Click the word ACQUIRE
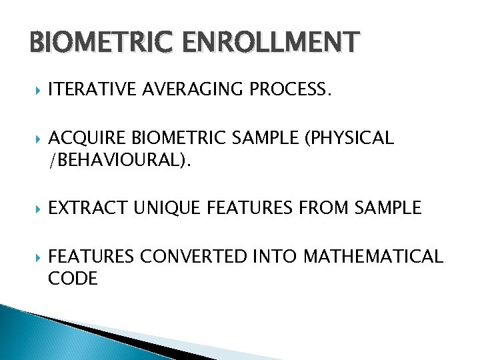click(x=88, y=138)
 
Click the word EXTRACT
click(x=85, y=208)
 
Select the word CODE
click(x=73, y=279)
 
